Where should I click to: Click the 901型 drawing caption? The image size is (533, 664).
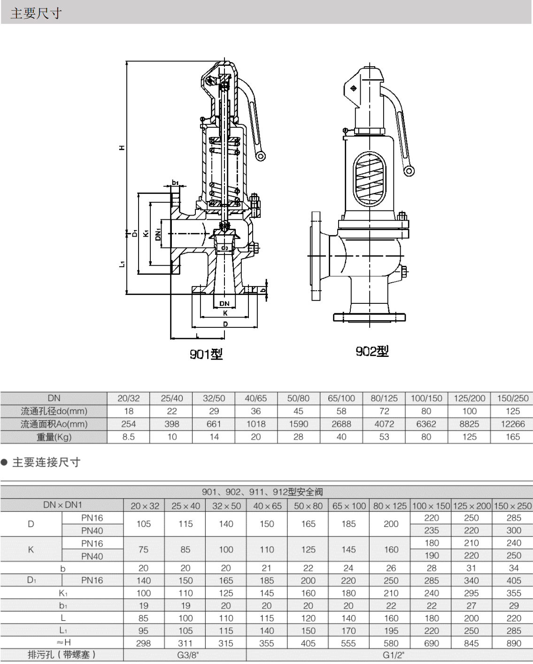click(206, 354)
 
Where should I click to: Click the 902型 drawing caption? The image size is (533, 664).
click(372, 351)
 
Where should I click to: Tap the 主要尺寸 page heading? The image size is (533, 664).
click(36, 13)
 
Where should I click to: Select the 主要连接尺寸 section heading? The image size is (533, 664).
click(46, 463)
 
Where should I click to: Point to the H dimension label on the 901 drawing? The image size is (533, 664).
click(122, 148)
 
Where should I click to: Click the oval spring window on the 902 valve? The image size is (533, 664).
click(369, 178)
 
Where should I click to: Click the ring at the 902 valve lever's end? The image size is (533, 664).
click(409, 170)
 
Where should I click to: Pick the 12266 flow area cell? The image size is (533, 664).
click(512, 424)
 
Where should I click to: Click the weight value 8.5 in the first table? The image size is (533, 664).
click(128, 437)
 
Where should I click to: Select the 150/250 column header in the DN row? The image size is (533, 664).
click(512, 398)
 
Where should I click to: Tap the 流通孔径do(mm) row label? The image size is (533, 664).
click(54, 411)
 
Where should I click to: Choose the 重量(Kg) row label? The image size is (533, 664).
click(54, 437)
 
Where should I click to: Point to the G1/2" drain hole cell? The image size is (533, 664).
click(394, 655)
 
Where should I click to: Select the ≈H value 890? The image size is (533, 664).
click(513, 643)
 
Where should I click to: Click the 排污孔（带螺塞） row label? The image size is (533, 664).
click(62, 655)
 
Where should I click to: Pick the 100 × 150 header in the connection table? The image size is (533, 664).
click(431, 506)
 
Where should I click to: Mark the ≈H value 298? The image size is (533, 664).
click(143, 643)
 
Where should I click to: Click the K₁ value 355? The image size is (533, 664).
click(513, 593)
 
